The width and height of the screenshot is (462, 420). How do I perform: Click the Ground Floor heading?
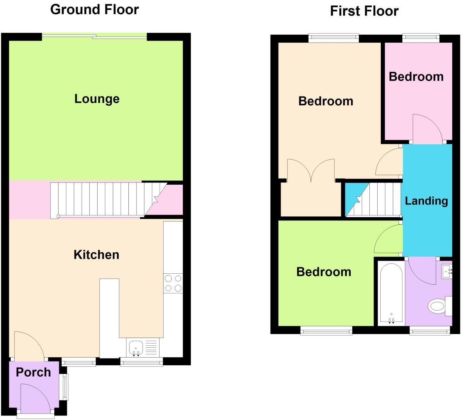pyautogui.click(x=95, y=10)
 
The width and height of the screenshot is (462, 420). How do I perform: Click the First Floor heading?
pyautogui.click(x=364, y=11)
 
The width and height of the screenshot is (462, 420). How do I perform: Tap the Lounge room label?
pyautogui.click(x=97, y=99)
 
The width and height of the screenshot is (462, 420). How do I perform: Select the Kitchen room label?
pyautogui.click(x=97, y=255)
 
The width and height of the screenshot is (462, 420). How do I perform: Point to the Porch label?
pyautogui.click(x=33, y=372)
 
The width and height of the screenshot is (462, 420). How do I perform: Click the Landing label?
pyautogui.click(x=426, y=201)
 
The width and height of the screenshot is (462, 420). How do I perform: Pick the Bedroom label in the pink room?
pyautogui.click(x=416, y=77)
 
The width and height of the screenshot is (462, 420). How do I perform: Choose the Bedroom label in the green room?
pyautogui.click(x=324, y=272)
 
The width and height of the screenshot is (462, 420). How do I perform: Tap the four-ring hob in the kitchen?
pyautogui.click(x=173, y=284)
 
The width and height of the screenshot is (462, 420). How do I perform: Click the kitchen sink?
pyautogui.click(x=136, y=348)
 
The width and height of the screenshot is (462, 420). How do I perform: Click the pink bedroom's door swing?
pyautogui.click(x=427, y=128)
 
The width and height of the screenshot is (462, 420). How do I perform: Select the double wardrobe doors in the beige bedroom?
pyautogui.click(x=311, y=170)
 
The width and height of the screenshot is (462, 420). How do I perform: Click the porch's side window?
pyautogui.click(x=65, y=387)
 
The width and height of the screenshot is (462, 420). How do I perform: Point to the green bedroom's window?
pyautogui.click(x=326, y=331)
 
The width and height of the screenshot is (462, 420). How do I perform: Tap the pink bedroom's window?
pyautogui.click(x=421, y=37)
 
